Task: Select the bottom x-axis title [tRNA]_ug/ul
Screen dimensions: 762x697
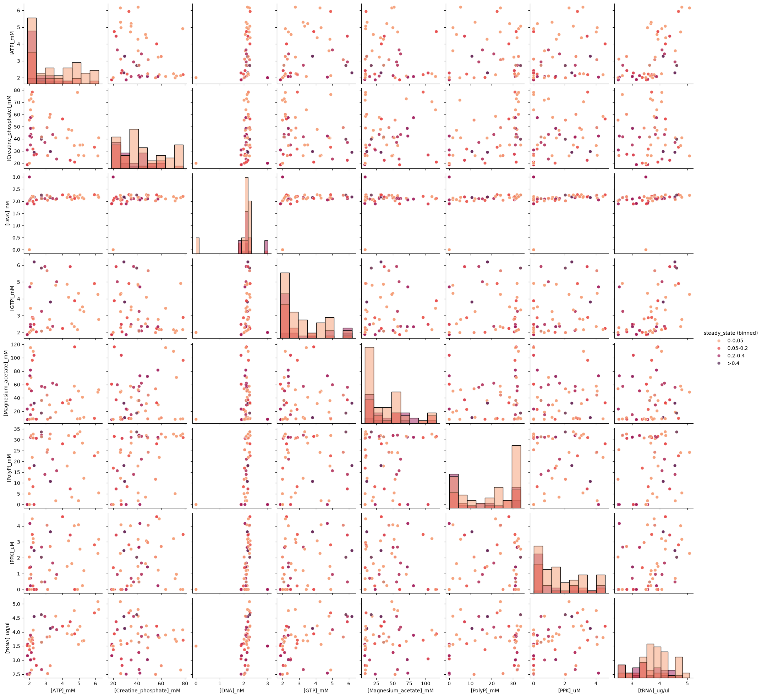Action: pyautogui.click(x=653, y=691)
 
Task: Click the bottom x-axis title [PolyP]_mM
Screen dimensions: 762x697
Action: pyautogui.click(x=485, y=691)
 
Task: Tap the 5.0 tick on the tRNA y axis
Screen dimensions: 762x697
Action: pyautogui.click(x=17, y=604)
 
